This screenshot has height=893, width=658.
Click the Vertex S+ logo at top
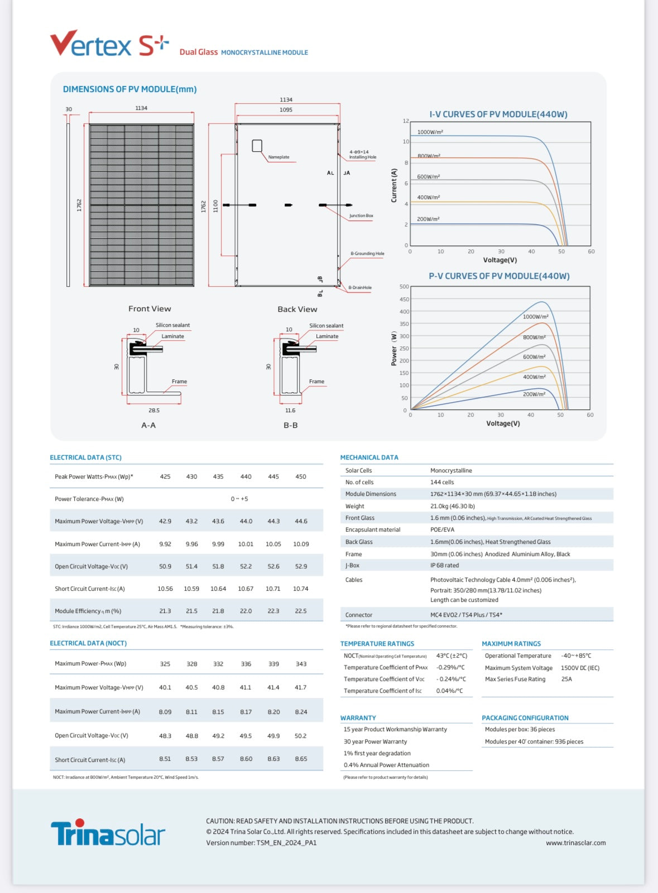(109, 44)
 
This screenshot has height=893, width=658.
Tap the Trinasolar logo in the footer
(108, 833)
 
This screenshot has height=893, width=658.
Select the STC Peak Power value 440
(246, 477)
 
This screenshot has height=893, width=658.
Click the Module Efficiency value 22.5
(301, 611)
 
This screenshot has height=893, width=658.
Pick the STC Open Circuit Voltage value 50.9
(165, 567)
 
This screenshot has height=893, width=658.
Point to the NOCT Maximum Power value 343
(301, 664)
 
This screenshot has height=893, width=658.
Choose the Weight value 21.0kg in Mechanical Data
(452, 506)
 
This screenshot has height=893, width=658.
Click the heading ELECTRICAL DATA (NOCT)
(88, 644)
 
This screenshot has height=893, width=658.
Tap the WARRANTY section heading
(358, 718)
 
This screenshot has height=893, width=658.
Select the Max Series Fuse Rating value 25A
(566, 679)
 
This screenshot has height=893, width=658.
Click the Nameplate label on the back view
(278, 157)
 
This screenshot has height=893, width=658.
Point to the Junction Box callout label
(361, 216)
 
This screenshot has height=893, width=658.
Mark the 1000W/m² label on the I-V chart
(430, 132)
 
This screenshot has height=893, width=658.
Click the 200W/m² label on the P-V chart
(534, 394)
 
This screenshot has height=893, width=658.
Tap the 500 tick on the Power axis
(404, 287)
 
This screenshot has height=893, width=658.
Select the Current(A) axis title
(394, 185)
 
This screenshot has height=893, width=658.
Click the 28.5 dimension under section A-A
(154, 411)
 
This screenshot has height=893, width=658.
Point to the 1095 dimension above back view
(286, 110)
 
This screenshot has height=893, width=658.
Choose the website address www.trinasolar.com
(575, 843)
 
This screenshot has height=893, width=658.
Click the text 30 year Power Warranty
(375, 742)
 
